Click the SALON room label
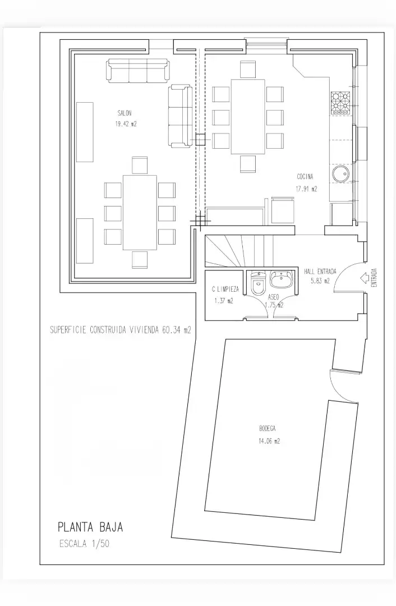(x=125, y=113)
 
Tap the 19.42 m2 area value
(x=126, y=125)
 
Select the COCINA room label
(x=305, y=177)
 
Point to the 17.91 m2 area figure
(x=306, y=189)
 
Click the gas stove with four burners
(x=340, y=103)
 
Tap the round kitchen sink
(x=342, y=173)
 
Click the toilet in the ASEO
(x=257, y=283)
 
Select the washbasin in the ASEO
(x=281, y=279)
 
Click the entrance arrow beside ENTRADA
(x=364, y=278)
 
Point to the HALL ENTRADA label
(x=320, y=272)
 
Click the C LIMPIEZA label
(x=225, y=289)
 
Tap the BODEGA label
(x=268, y=428)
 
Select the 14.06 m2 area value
(x=269, y=441)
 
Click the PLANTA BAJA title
(x=90, y=527)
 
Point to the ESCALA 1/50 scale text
(x=85, y=543)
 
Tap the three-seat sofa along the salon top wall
(x=137, y=71)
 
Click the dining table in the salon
(x=140, y=213)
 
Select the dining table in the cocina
(x=248, y=117)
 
